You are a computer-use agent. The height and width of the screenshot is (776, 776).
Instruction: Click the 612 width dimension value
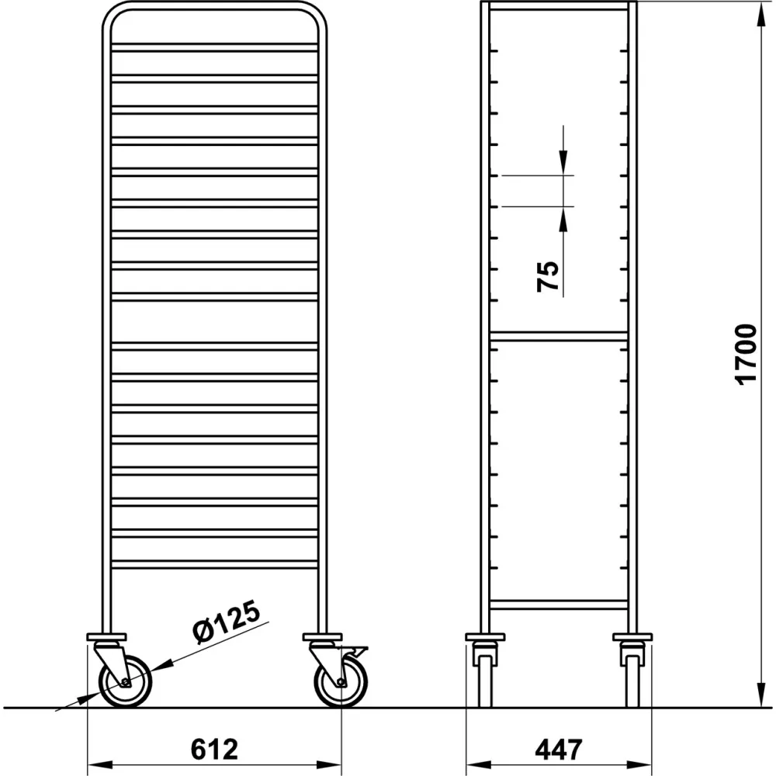pyautogui.click(x=213, y=749)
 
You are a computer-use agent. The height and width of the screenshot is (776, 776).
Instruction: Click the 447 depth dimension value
pyautogui.click(x=558, y=749)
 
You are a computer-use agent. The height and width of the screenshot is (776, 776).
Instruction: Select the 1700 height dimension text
pyautogui.click(x=745, y=354)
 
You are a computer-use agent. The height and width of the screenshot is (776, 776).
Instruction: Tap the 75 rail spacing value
pyautogui.click(x=548, y=275)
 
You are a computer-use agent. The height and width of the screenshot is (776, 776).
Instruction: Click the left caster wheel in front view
pyautogui.click(x=126, y=681)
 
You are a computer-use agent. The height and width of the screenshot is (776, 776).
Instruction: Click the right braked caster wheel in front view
pyautogui.click(x=341, y=682)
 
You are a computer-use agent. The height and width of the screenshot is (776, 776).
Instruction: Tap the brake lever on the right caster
pyautogui.click(x=359, y=650)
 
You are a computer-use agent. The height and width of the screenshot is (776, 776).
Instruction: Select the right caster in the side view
pyautogui.click(x=632, y=671)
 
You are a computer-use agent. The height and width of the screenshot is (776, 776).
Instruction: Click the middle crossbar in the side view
pyautogui.click(x=559, y=337)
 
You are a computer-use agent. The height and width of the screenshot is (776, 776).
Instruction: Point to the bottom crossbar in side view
pyautogui.click(x=559, y=604)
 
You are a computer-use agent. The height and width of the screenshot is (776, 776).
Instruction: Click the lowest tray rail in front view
pyautogui.click(x=214, y=564)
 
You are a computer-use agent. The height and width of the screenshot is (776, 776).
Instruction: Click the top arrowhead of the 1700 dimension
pyautogui.click(x=757, y=11)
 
